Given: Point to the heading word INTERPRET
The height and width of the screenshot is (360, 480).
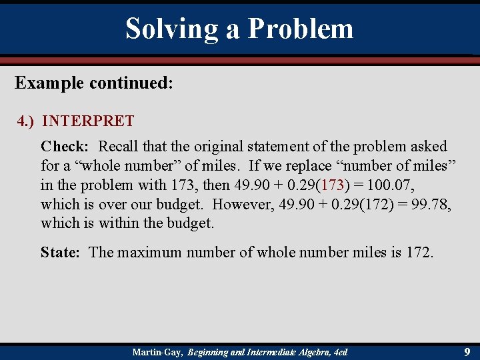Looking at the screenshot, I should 88,121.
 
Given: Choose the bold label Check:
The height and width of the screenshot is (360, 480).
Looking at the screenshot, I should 65,146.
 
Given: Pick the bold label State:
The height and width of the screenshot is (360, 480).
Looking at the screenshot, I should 62,252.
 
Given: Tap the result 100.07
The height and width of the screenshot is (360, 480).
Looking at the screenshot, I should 386,185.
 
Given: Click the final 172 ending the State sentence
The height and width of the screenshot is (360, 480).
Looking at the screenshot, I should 418,252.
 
